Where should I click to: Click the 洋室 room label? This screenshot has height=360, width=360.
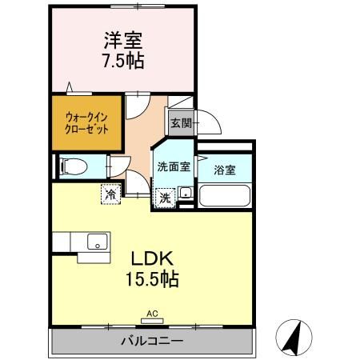click(x=123, y=41)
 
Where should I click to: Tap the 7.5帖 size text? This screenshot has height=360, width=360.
click(x=123, y=61)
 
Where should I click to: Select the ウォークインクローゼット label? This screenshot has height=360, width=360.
click(x=86, y=123)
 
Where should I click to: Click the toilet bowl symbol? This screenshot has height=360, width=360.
click(x=74, y=166)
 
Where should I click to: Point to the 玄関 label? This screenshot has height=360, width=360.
click(x=182, y=123)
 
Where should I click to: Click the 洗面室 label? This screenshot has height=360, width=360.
click(x=174, y=167)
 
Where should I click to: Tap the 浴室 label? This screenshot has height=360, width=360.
click(x=225, y=170)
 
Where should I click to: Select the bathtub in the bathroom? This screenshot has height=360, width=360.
click(x=225, y=195)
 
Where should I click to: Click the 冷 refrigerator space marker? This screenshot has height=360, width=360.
click(x=110, y=194)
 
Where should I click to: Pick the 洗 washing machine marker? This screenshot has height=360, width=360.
click(x=166, y=198)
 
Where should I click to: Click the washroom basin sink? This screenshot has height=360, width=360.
click(x=186, y=192)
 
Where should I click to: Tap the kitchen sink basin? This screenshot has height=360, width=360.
click(x=98, y=242)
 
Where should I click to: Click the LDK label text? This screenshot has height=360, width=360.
click(x=152, y=258)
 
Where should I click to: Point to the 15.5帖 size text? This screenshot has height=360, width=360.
click(x=152, y=279)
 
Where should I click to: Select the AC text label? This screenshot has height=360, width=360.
click(x=152, y=314)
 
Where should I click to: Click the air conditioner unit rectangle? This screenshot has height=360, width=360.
click(x=152, y=321)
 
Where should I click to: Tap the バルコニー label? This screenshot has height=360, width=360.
click(x=152, y=341)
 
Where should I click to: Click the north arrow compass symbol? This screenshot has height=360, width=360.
click(x=294, y=338)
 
